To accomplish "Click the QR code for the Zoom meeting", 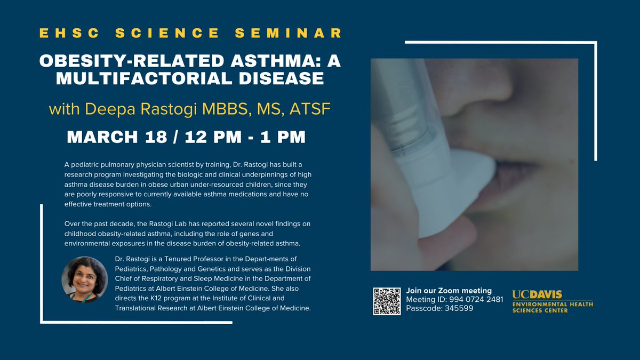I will point(387,301).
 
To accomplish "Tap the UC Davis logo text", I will point(537,294).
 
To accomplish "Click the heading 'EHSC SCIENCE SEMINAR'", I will point(190,33).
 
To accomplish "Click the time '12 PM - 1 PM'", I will point(245,137).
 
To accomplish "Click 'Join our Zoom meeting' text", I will point(449,291).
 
